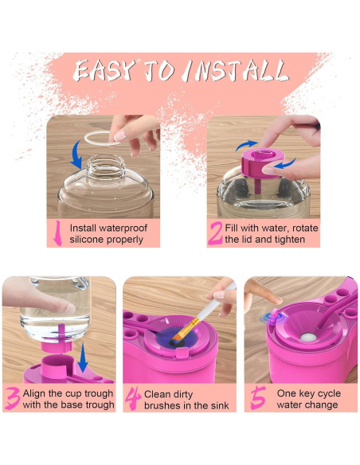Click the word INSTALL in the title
point(237,71)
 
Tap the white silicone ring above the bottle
point(102,139)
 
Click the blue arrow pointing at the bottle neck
point(76,155)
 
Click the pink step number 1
point(57,233)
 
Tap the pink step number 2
point(215,233)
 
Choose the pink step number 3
point(13,398)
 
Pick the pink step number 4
point(133,399)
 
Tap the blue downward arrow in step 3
point(83,358)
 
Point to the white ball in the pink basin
point(308,337)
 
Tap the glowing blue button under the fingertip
point(272,318)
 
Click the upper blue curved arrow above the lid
point(246,145)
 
